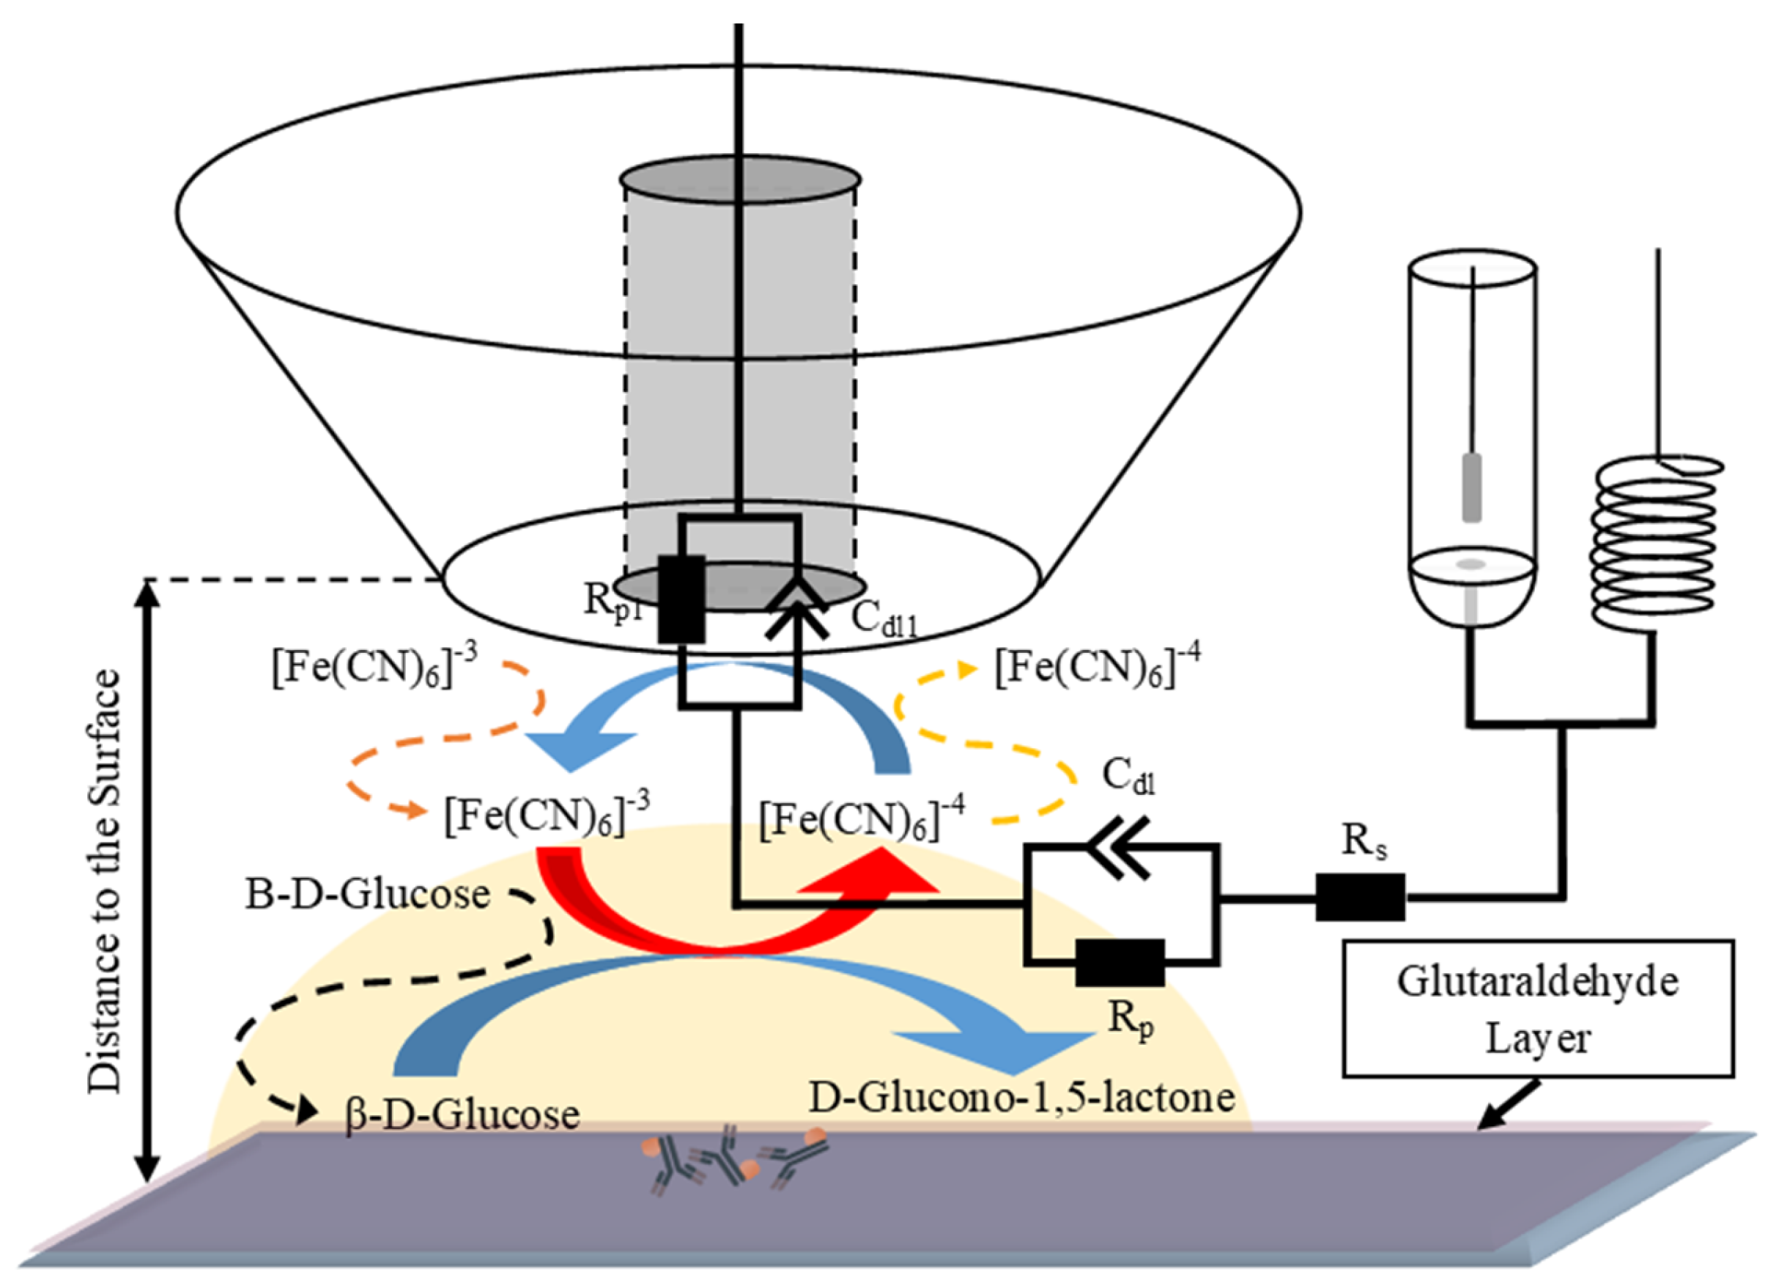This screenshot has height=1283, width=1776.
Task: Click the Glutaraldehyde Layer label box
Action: (1538, 1009)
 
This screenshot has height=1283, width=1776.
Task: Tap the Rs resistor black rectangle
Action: (1360, 897)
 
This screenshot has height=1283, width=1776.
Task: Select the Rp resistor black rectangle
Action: (1120, 963)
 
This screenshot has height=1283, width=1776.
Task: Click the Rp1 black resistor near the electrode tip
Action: (681, 599)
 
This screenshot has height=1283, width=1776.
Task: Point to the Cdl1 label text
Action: (884, 618)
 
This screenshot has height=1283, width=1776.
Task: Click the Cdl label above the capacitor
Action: (1128, 776)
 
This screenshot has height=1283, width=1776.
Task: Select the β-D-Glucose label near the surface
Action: (462, 1114)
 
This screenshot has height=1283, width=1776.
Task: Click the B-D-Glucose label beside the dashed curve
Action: (368, 894)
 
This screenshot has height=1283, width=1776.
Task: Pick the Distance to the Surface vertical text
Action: (104, 881)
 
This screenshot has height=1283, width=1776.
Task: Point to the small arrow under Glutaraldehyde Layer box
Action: (1507, 1105)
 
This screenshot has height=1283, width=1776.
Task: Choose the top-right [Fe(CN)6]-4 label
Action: (1097, 668)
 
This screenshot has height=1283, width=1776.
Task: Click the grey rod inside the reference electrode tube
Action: (1472, 487)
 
